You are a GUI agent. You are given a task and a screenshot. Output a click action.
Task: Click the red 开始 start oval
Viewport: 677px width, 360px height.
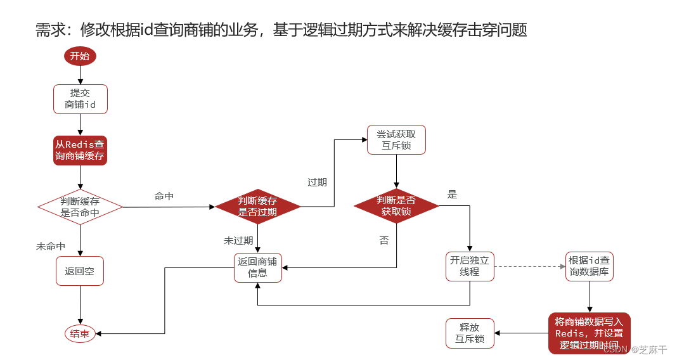pos(80,56)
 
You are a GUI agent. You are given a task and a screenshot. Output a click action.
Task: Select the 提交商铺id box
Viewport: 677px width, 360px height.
pos(80,99)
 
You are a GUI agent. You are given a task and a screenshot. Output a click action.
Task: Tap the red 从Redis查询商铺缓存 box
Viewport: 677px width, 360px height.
pos(80,150)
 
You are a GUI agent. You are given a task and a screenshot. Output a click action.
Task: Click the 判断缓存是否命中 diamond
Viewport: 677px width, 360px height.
pos(80,207)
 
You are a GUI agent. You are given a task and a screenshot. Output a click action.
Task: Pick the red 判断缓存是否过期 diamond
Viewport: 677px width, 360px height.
pos(257,207)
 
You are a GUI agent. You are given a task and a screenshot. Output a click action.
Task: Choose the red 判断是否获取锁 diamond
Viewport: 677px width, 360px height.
pos(396,206)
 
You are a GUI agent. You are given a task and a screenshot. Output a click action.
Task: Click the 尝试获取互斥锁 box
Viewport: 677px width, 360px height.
pos(396,139)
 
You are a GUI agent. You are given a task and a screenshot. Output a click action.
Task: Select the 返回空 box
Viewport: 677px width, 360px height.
pos(80,271)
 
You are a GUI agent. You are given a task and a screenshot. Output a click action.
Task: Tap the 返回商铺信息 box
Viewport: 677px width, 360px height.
pos(257,267)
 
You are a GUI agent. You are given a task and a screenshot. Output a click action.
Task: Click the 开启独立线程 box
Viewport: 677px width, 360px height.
pos(470,266)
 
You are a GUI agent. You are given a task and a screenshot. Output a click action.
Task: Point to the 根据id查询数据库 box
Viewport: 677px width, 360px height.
pos(589,266)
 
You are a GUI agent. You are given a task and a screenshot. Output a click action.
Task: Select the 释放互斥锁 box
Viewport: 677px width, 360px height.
pos(470,333)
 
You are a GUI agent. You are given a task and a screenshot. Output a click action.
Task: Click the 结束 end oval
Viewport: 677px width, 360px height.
pos(80,333)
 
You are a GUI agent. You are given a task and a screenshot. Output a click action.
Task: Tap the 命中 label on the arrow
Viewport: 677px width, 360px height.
pos(164,196)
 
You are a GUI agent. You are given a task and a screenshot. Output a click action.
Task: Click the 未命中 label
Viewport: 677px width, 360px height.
pos(51,246)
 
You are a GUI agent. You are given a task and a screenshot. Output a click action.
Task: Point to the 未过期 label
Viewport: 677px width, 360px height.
pos(238,241)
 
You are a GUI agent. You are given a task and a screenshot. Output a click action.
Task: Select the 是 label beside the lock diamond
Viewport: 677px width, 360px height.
pos(452,195)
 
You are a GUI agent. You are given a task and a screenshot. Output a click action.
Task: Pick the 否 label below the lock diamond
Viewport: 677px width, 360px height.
pos(384,241)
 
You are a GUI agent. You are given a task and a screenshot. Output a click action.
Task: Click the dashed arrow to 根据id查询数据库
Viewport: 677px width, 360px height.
pos(529,266)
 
